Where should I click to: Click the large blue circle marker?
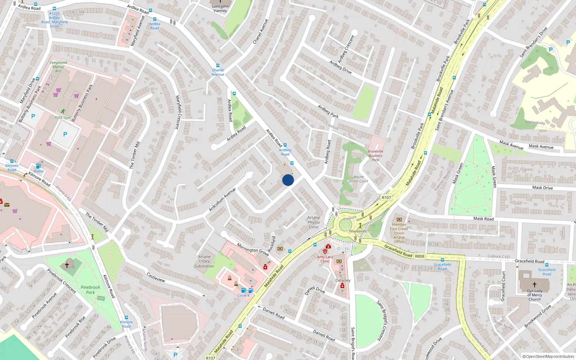point(288,180)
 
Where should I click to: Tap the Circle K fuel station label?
point(243,296)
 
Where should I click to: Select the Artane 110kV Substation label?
point(204,262)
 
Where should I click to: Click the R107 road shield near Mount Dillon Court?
point(386,197)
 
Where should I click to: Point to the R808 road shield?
point(420,256)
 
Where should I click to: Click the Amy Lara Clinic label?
point(325,259)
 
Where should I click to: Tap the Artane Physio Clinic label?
point(314,222)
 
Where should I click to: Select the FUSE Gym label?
point(63,118)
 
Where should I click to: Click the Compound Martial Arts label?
point(58,67)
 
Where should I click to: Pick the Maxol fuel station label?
point(39,171)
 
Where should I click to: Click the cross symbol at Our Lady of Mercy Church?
point(535,284)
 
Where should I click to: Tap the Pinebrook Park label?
point(90,290)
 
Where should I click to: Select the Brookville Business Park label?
point(375,156)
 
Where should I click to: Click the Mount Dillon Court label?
point(359,179)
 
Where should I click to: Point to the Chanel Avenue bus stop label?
point(218,72)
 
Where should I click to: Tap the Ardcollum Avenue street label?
point(222,200)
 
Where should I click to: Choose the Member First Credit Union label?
point(399,231)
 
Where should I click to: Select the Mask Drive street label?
point(543,188)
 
